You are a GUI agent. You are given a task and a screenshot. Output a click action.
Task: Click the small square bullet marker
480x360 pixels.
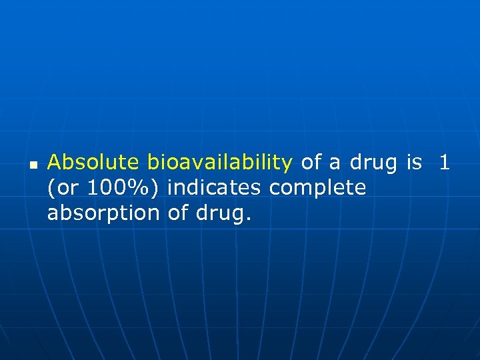33,163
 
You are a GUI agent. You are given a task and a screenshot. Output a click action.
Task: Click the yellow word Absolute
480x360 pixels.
93,163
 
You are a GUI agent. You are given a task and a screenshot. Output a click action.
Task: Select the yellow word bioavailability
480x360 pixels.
220,163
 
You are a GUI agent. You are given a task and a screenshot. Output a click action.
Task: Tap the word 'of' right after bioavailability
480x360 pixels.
312,163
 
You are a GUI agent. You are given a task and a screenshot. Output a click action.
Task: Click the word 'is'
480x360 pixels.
414,163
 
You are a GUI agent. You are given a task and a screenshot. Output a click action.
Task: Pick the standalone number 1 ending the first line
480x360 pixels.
445,163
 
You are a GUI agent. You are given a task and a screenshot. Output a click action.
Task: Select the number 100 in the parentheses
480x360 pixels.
105,189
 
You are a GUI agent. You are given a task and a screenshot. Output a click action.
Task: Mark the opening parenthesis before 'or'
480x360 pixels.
51,189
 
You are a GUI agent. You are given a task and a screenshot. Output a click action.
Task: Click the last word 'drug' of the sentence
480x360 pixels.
219,215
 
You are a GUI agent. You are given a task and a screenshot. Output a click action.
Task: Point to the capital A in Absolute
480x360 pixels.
55,163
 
